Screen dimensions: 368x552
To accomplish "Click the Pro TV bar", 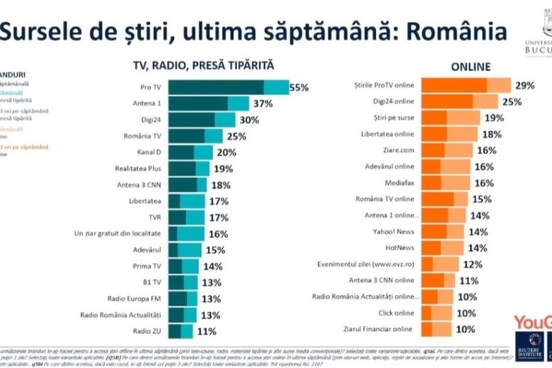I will pos(228,88).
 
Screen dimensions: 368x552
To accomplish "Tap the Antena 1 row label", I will pos(146,103).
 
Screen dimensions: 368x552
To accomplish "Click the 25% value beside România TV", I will pos(237,136).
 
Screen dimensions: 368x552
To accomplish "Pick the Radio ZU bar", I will pos(181,331).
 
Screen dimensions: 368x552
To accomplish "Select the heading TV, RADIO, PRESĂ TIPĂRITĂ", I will pos(204,65).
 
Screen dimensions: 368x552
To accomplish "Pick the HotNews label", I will pos(398,247).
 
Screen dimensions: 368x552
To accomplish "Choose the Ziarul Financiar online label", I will pos(379,329).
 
